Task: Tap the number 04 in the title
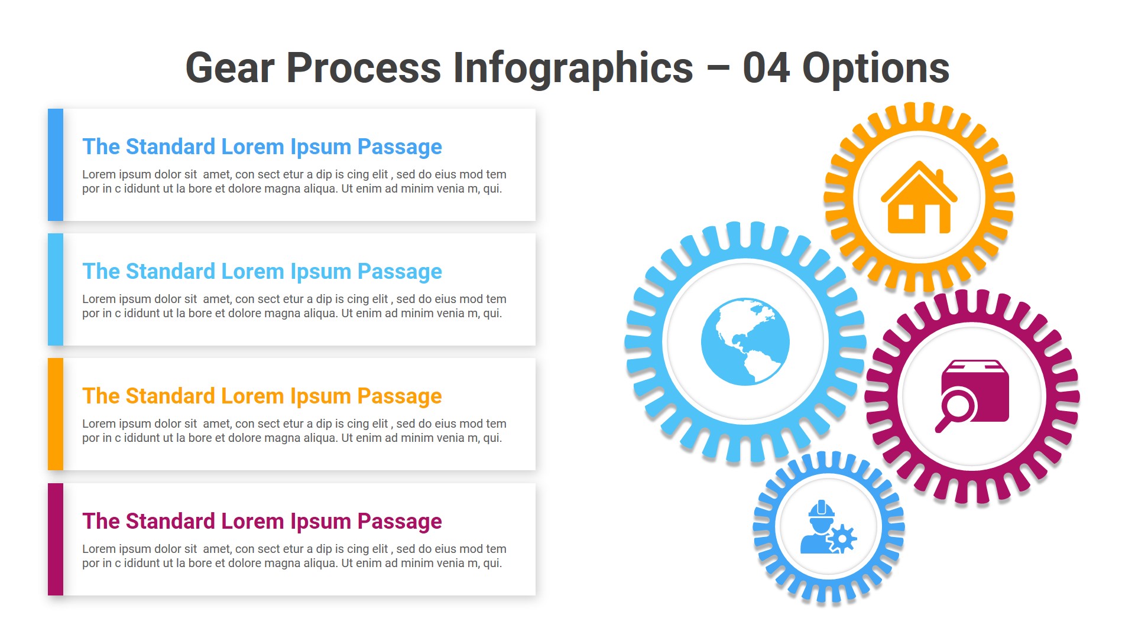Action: pyautogui.click(x=766, y=69)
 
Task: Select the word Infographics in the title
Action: pyautogui.click(x=572, y=69)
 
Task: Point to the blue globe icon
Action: pyautogui.click(x=745, y=341)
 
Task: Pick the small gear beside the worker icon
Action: pyautogui.click(x=842, y=538)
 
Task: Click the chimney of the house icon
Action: pyautogui.click(x=939, y=175)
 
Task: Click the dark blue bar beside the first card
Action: pyautogui.click(x=56, y=165)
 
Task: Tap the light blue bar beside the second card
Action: pyautogui.click(x=56, y=289)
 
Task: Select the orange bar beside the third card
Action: pyautogui.click(x=56, y=414)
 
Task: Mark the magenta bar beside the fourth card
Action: pyautogui.click(x=56, y=539)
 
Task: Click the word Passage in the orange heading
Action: pyautogui.click(x=400, y=396)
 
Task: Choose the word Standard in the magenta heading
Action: pyautogui.click(x=170, y=522)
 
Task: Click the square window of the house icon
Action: pyautogui.click(x=906, y=211)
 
